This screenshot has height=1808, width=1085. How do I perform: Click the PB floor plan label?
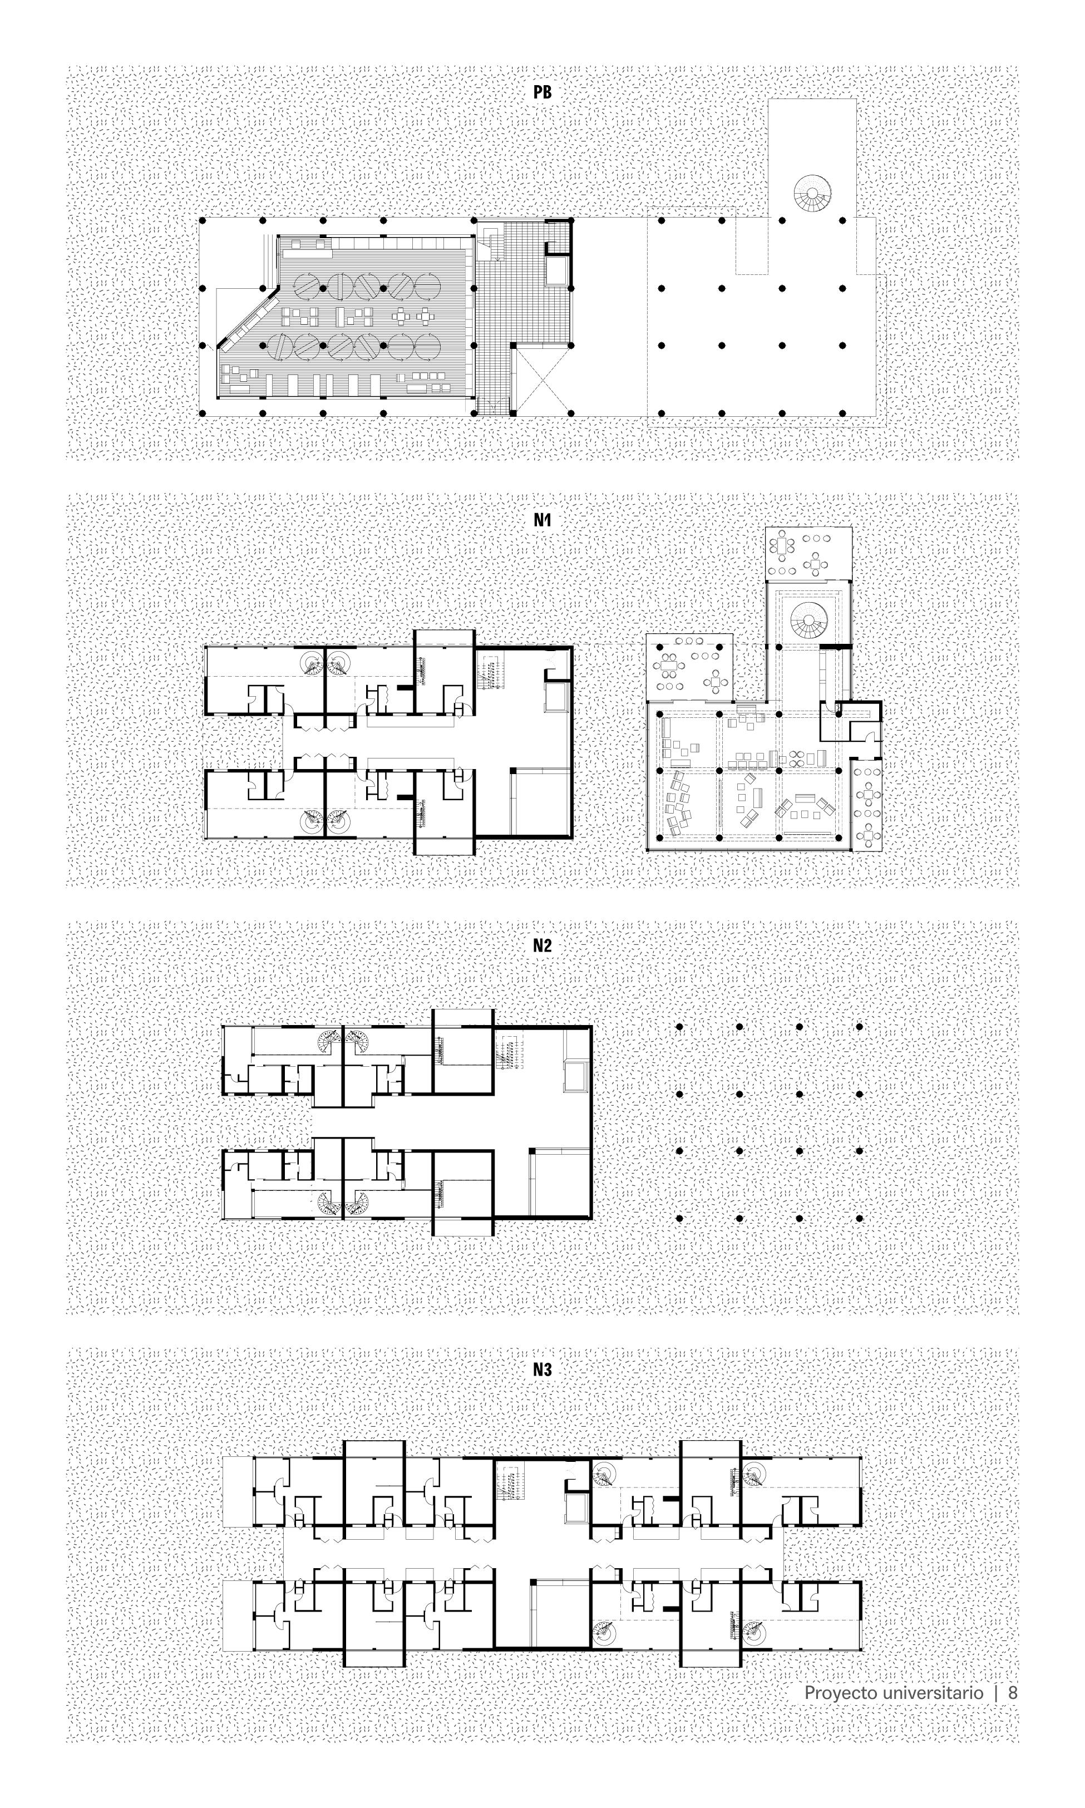(x=542, y=93)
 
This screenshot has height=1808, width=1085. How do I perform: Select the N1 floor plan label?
(x=542, y=520)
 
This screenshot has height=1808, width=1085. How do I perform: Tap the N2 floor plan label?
(x=542, y=945)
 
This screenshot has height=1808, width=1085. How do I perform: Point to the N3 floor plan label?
(x=542, y=1369)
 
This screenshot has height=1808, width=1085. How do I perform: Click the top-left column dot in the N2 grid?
(x=679, y=1027)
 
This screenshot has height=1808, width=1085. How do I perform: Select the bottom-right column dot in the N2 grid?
(x=859, y=1219)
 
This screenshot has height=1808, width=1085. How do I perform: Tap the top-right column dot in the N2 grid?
(x=859, y=1027)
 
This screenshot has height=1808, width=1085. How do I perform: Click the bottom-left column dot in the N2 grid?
(x=679, y=1219)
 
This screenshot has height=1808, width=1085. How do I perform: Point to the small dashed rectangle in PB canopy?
(x=752, y=245)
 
